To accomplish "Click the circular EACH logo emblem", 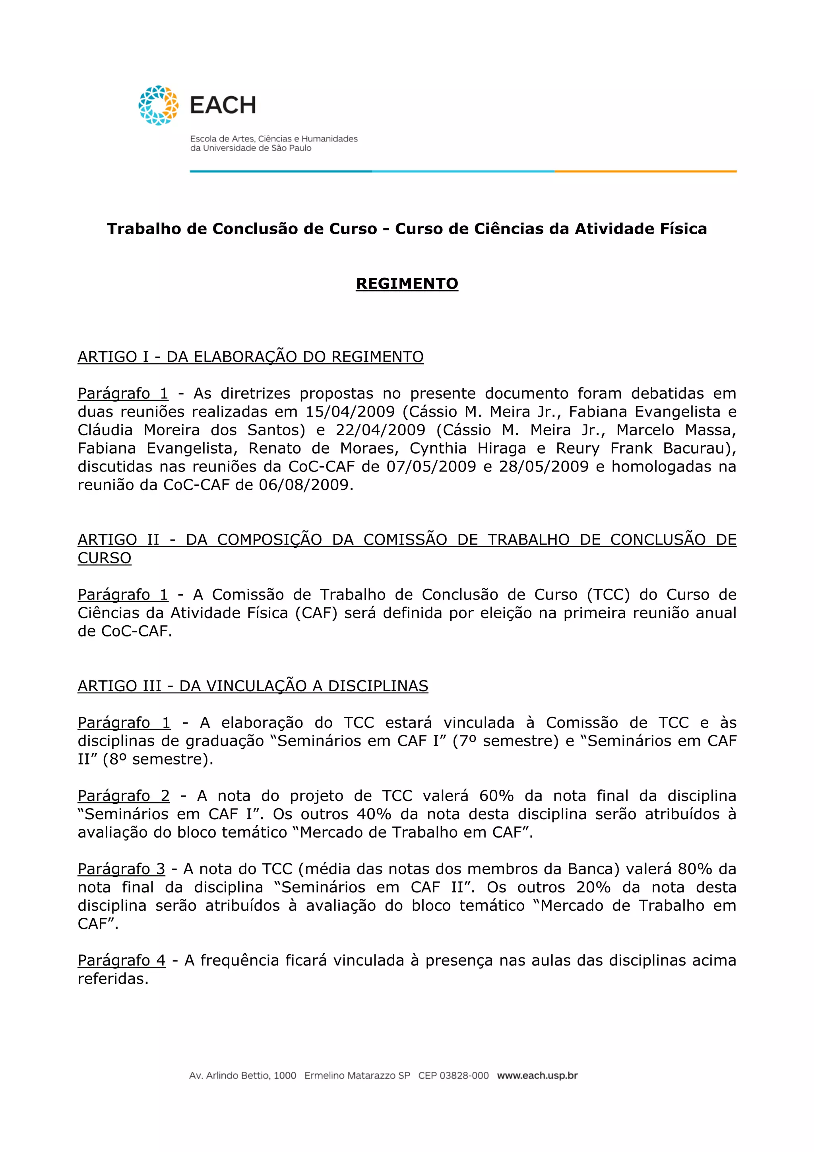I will pyautogui.click(x=159, y=105).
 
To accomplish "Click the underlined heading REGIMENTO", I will pyautogui.click(x=407, y=283).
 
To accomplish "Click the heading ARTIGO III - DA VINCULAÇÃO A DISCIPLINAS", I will pyautogui.click(x=253, y=686).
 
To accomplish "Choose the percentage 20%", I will pyautogui.click(x=593, y=887).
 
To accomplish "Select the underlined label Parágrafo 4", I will pyautogui.click(x=121, y=960).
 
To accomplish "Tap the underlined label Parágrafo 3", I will pyautogui.click(x=121, y=869).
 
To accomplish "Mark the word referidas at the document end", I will pyautogui.click(x=113, y=979).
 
